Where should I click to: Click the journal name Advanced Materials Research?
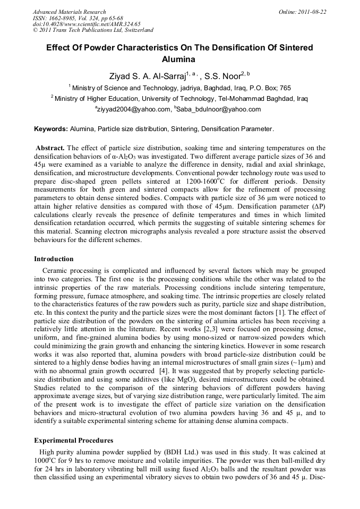69,12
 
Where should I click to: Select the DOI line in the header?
87,24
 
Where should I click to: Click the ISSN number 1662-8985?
64,18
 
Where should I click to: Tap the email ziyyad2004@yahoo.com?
133,109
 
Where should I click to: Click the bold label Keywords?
51,129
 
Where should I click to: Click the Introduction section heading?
54,259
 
